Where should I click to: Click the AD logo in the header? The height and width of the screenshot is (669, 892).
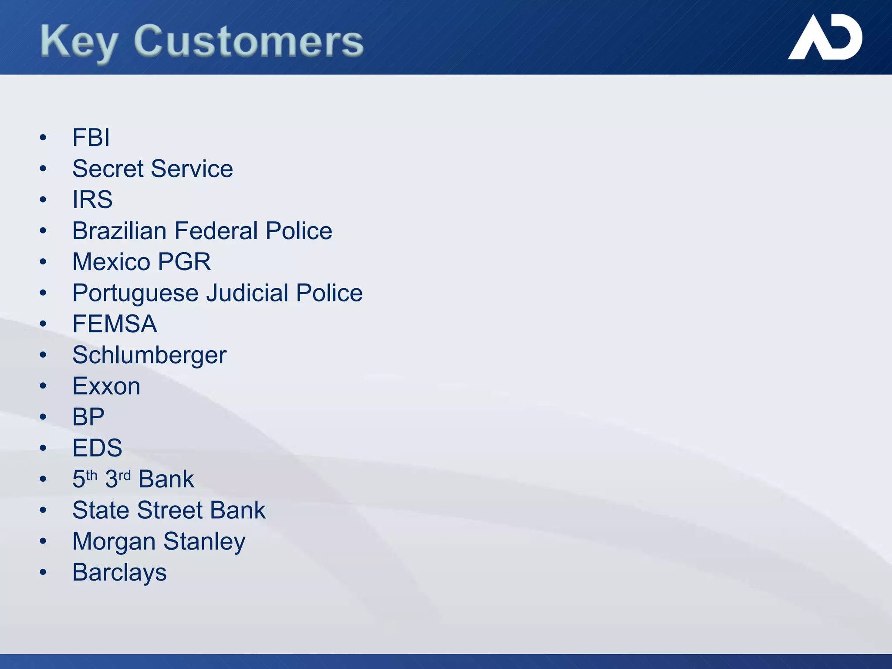click(x=825, y=38)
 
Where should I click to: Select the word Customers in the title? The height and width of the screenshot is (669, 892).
click(x=249, y=42)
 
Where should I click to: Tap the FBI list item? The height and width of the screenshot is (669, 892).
click(x=91, y=138)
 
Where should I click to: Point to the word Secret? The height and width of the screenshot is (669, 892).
click(x=108, y=169)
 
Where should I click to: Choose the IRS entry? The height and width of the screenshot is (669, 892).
click(x=92, y=200)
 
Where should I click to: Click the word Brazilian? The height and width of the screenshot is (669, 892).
click(x=119, y=231)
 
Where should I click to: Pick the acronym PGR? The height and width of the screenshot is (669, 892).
click(x=184, y=262)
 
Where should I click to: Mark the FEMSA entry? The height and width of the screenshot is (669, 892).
click(x=115, y=324)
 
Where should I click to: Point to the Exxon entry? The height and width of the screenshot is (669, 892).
click(x=106, y=386)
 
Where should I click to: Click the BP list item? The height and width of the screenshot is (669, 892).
click(x=88, y=417)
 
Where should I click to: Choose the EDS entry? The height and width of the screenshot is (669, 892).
click(x=97, y=448)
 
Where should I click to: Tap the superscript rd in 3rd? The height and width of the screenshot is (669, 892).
click(x=125, y=475)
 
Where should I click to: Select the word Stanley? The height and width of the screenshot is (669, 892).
click(x=204, y=542)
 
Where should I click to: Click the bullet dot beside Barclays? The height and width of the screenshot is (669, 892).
click(x=43, y=572)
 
